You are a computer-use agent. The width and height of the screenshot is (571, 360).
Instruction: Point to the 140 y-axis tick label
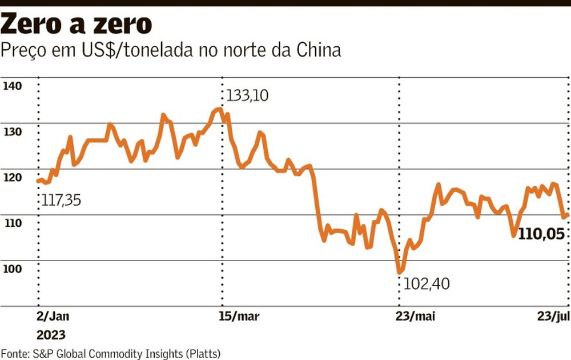(12, 86)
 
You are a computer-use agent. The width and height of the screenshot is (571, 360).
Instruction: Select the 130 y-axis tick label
(12, 132)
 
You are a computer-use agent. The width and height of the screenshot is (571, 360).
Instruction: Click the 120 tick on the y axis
(12, 178)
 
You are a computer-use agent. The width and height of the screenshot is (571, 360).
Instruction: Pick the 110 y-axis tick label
(12, 223)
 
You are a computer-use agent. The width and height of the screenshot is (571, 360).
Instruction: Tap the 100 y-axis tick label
(12, 269)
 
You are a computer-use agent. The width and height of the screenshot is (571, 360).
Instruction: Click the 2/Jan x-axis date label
(52, 318)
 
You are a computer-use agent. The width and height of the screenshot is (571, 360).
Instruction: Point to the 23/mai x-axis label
(415, 318)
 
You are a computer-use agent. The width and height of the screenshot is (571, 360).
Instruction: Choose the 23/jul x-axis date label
(553, 318)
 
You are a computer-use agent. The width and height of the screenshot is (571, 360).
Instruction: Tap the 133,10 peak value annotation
(247, 95)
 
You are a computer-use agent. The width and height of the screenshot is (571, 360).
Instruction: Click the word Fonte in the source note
(14, 353)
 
